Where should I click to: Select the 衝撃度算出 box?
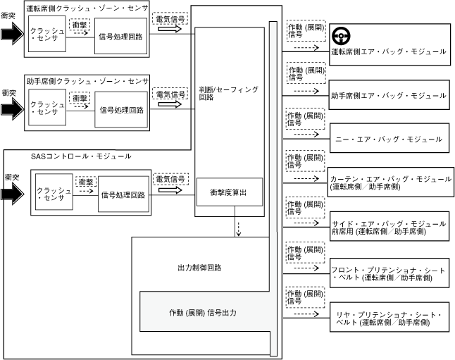[x=230, y=192]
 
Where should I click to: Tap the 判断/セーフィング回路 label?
[x=230, y=93]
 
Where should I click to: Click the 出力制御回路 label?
[x=199, y=268]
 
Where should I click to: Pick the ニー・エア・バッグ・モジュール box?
[x=387, y=139]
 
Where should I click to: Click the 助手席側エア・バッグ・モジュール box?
[x=388, y=94]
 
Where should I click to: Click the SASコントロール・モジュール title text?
[x=71, y=155]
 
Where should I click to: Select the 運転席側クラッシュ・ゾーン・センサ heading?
[x=86, y=8]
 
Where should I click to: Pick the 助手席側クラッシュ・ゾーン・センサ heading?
[x=86, y=82]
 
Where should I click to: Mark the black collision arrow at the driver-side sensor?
[x=12, y=34]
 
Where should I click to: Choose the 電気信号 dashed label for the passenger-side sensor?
[x=170, y=94]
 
